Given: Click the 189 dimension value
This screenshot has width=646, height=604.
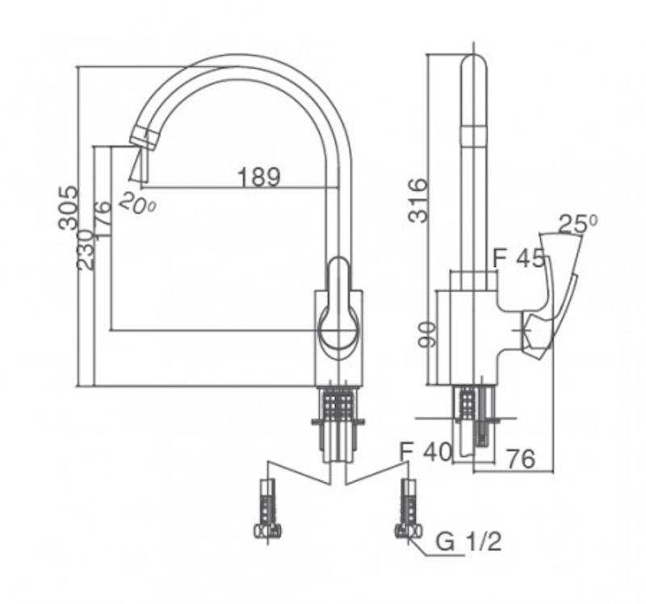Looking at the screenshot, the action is point(259,176).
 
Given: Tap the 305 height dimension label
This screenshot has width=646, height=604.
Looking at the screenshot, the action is point(68,208).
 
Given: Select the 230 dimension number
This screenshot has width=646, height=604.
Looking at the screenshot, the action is point(86,250).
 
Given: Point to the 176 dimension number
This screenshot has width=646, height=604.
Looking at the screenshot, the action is point(103,219).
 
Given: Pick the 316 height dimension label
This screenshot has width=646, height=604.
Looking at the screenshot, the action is point(418,201).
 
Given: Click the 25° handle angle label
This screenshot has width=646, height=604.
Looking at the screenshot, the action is point(577,225).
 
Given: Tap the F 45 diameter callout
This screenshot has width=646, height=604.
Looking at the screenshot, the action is point(519,258).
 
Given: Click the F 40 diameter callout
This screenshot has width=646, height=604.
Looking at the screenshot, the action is point(426,451).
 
